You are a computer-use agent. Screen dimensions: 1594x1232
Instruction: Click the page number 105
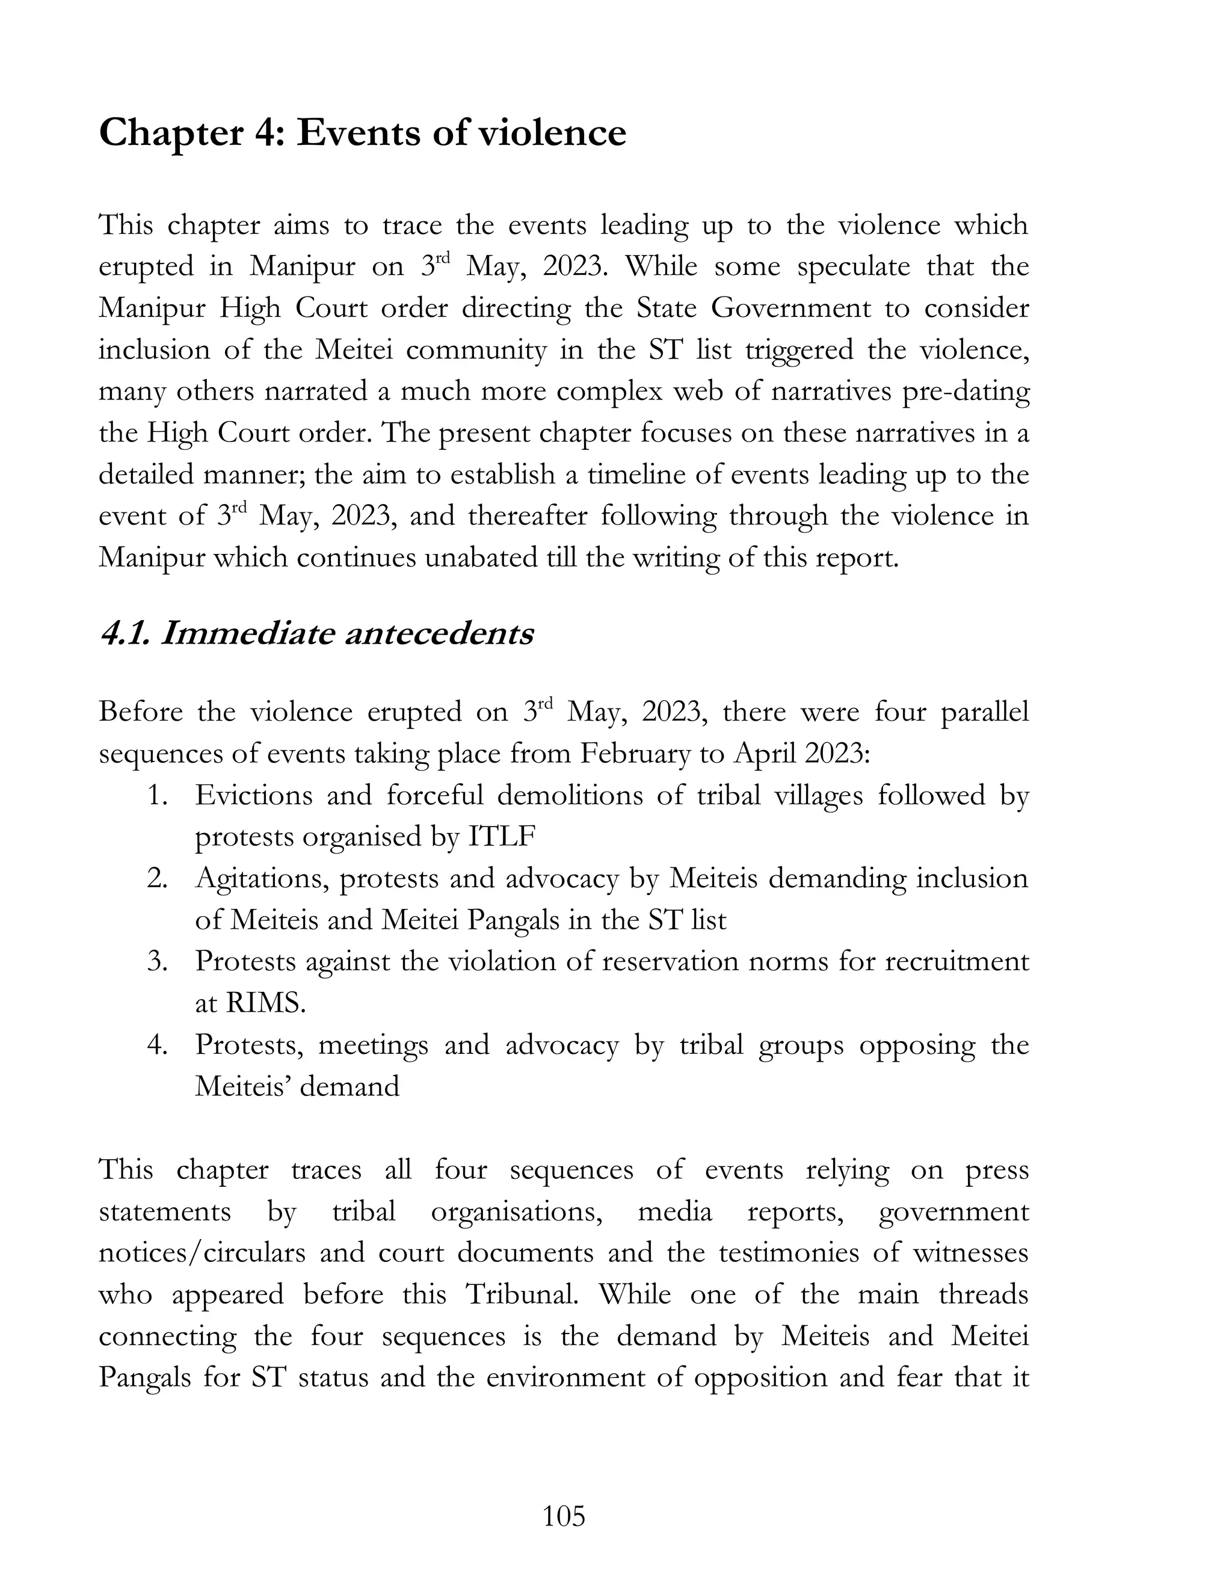564,1516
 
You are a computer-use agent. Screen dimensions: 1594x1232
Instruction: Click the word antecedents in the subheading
438,633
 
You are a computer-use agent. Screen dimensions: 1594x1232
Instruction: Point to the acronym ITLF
502,837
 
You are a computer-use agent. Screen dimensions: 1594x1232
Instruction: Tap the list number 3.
158,961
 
